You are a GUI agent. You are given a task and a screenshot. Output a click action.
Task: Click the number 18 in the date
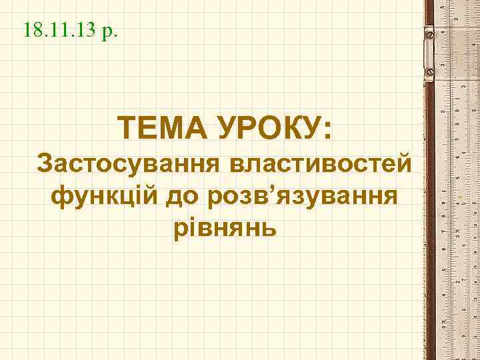coord(31,30)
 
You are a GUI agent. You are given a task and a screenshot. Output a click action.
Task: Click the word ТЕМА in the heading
coord(159,127)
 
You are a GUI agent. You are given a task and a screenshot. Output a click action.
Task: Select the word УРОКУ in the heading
coord(267,127)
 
